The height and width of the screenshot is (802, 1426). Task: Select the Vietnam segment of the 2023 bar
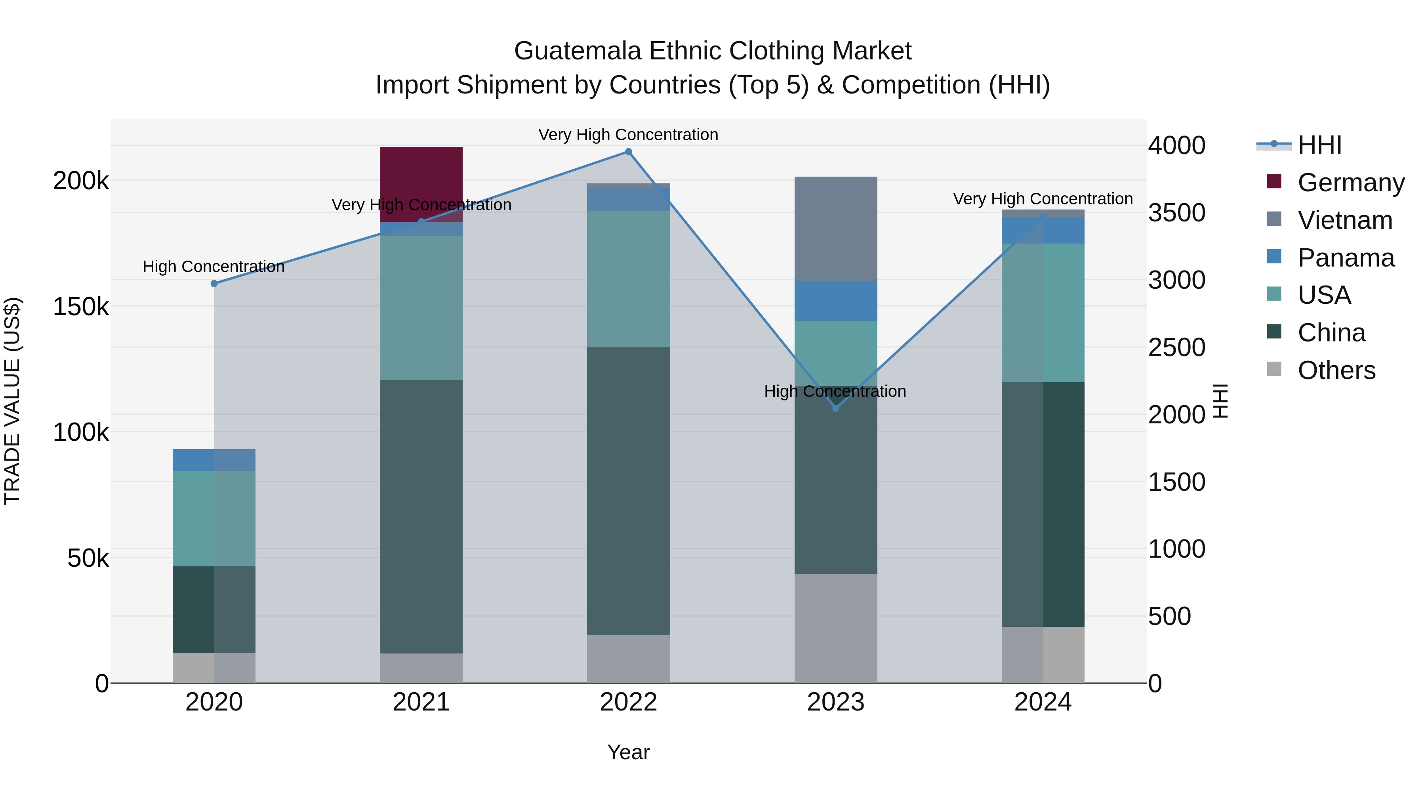click(835, 229)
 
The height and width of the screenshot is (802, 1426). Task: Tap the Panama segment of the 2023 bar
click(835, 301)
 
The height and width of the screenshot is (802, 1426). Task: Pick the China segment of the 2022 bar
click(628, 491)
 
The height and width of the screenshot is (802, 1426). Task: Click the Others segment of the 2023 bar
click(835, 628)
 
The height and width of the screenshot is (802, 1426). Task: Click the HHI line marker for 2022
click(628, 152)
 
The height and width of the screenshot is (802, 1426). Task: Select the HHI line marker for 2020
click(214, 284)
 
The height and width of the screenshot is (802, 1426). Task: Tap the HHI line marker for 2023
click(836, 408)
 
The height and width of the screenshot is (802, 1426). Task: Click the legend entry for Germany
click(1351, 183)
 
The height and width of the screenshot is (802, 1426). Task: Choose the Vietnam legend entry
click(1345, 220)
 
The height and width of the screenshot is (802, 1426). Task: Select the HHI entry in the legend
click(1320, 145)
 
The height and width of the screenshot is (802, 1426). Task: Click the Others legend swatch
click(1274, 369)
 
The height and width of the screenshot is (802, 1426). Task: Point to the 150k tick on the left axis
click(81, 307)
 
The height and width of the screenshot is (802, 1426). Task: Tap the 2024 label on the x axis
click(1043, 702)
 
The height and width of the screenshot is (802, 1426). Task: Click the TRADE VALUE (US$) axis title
click(12, 401)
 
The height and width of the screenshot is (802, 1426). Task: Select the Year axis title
click(628, 752)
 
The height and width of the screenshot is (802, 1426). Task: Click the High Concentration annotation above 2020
click(214, 267)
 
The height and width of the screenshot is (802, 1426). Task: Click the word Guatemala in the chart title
click(578, 51)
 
